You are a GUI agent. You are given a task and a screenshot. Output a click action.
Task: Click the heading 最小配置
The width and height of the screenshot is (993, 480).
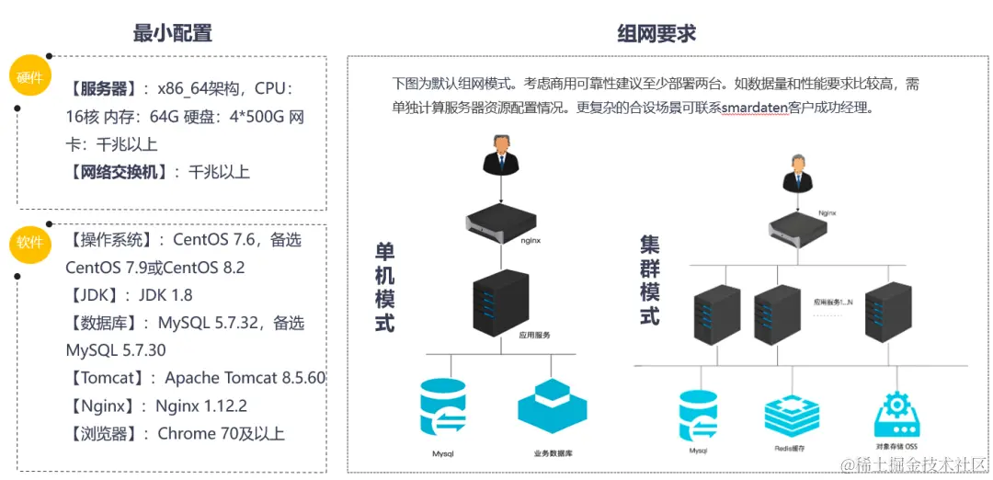click(173, 33)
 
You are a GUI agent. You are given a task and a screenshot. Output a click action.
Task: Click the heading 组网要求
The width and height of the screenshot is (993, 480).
click(656, 34)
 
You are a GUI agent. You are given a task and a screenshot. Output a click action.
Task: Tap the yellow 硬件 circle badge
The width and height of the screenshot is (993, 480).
click(30, 77)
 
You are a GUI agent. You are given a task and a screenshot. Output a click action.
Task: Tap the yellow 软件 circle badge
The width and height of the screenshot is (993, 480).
click(30, 243)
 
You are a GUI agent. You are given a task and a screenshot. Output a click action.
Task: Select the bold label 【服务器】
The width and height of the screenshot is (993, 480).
click(103, 89)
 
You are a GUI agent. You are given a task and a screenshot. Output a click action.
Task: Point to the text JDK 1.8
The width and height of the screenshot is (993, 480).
click(165, 295)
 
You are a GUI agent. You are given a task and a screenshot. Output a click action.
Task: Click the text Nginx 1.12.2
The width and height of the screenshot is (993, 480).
click(201, 406)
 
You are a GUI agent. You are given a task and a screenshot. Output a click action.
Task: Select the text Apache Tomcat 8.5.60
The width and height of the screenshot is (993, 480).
click(245, 378)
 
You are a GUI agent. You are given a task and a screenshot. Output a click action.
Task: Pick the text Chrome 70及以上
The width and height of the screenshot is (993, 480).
click(221, 433)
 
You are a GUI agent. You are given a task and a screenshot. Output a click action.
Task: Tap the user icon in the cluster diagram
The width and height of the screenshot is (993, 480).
click(795, 174)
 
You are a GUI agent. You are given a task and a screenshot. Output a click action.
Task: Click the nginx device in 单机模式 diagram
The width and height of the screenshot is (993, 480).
click(500, 221)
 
